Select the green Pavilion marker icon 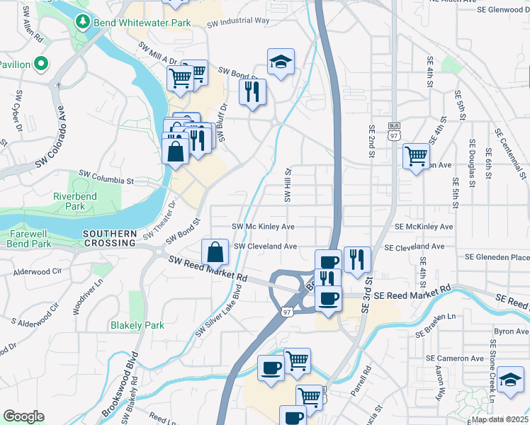(40, 64)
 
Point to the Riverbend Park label (79, 201)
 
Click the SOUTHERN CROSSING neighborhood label (109, 238)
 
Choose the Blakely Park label (137, 325)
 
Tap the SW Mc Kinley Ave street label (264, 227)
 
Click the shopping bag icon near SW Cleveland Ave (215, 253)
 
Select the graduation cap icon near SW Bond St (281, 63)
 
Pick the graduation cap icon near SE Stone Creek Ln (510, 380)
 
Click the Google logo (23, 416)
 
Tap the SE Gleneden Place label (497, 257)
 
